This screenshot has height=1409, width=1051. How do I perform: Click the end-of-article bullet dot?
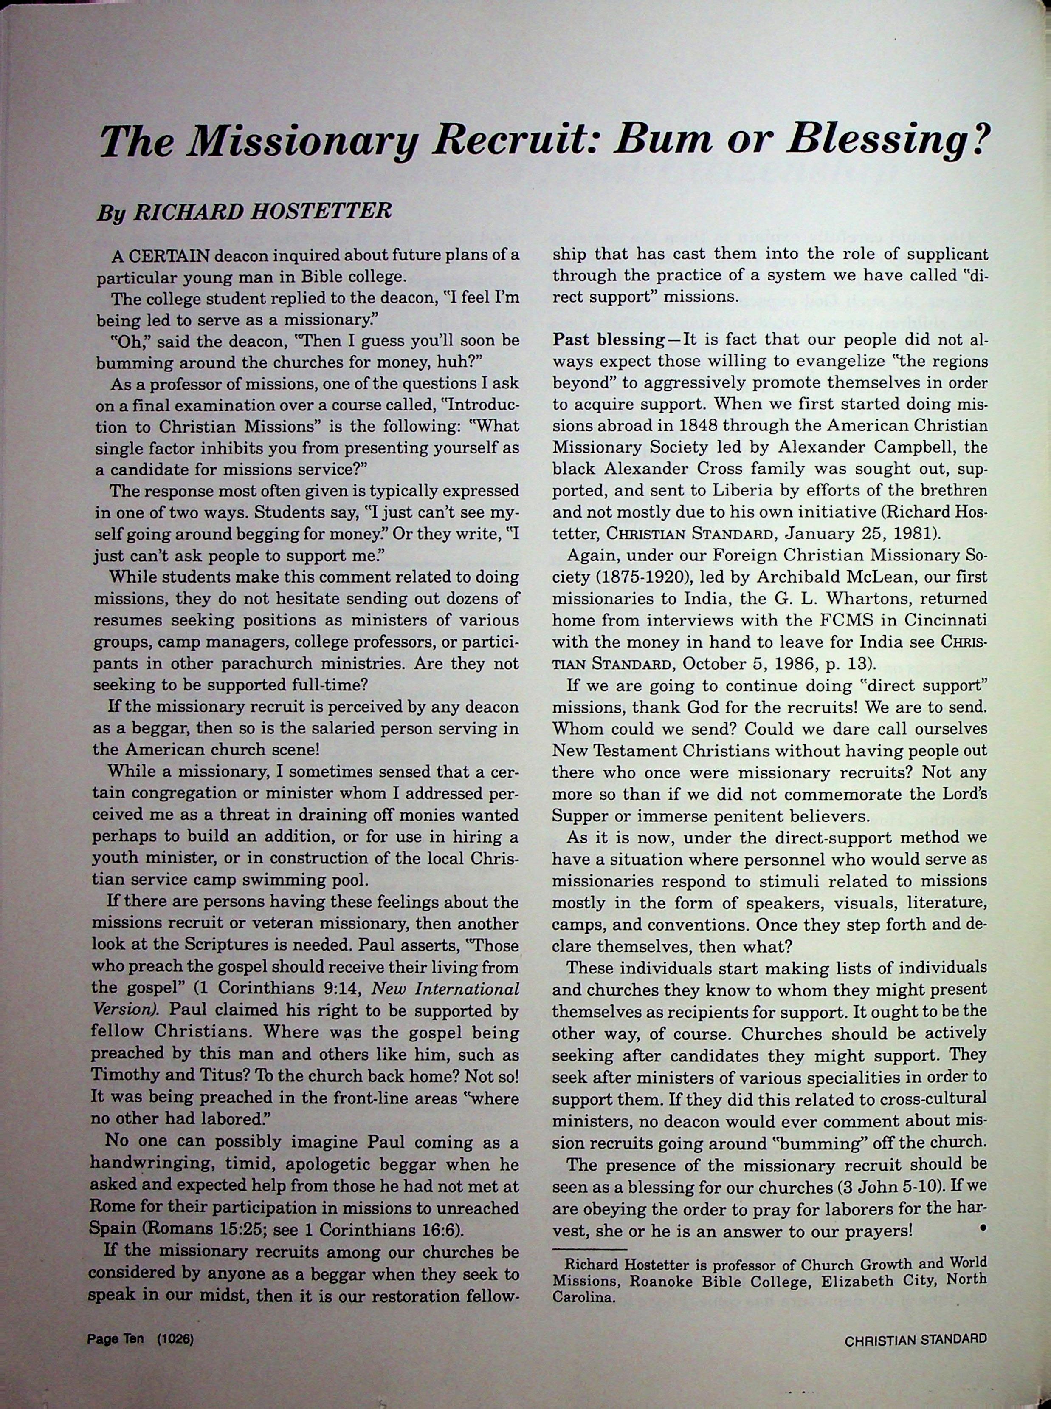tap(982, 1225)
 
